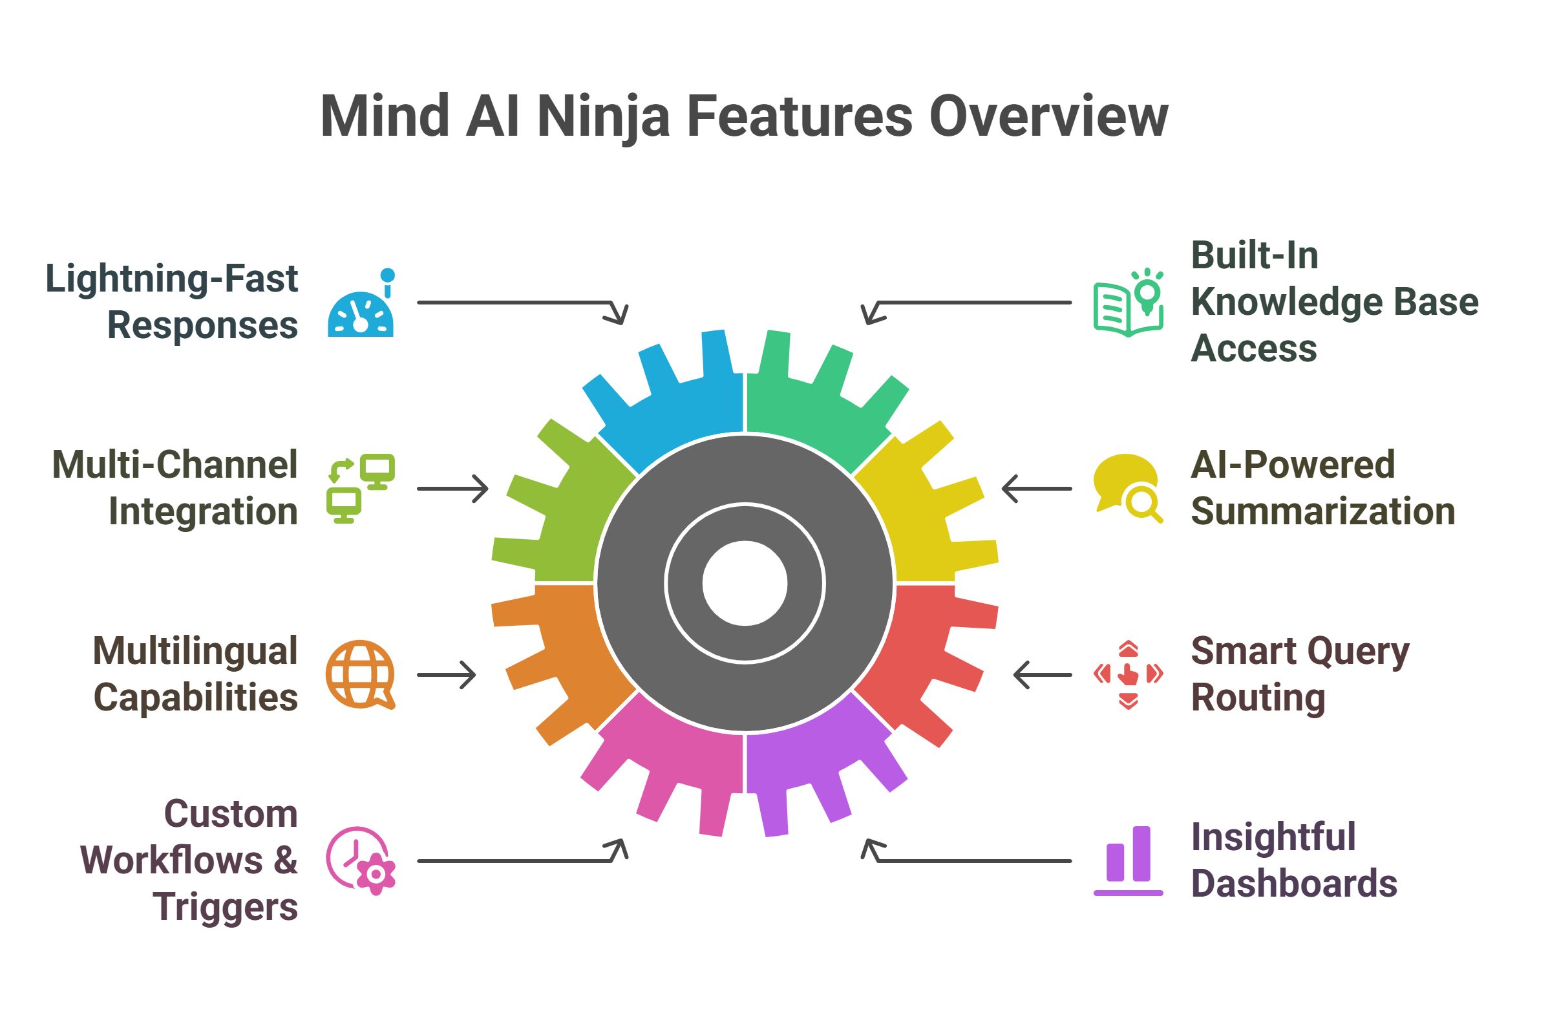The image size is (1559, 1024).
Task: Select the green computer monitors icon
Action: point(361,488)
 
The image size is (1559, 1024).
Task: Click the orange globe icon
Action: point(359,674)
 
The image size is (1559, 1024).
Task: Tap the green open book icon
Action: point(1128,304)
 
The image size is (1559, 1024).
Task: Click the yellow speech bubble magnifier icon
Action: point(1127,488)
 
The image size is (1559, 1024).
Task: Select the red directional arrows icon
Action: point(1128,674)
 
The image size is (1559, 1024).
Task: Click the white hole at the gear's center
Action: point(745,582)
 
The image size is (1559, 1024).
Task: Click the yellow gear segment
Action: point(930,518)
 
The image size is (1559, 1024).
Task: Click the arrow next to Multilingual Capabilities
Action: point(447,675)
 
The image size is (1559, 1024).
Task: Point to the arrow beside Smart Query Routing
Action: point(1042,675)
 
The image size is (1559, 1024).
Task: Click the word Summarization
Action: point(1322,511)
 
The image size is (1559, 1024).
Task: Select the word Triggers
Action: point(226,907)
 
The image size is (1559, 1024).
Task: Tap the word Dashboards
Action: point(1294,883)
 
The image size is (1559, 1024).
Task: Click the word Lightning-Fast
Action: point(172,279)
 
